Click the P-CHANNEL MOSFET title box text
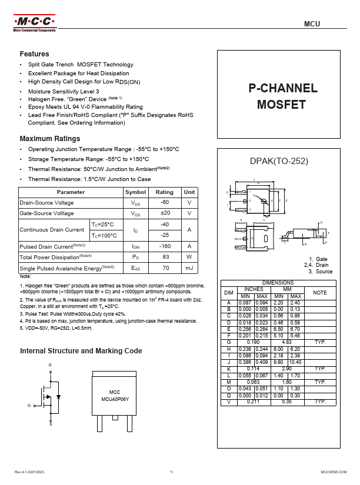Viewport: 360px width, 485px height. point(282,96)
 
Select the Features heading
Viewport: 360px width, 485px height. point(34,53)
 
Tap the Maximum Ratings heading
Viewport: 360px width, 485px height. point(50,139)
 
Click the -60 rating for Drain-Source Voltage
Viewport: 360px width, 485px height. point(165,202)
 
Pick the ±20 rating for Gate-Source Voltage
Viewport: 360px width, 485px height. point(165,213)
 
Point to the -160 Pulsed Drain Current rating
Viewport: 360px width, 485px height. point(165,246)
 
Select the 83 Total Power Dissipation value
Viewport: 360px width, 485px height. point(165,257)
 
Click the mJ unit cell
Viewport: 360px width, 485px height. point(189,268)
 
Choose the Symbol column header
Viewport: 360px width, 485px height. point(135,192)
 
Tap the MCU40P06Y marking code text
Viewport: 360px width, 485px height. point(115,399)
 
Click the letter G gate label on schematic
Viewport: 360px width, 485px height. point(28,406)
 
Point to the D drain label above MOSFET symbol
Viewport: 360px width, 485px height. point(50,365)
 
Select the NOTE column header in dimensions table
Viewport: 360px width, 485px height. point(319,292)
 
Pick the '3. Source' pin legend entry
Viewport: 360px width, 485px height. point(321,272)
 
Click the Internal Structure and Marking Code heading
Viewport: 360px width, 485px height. point(81,351)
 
